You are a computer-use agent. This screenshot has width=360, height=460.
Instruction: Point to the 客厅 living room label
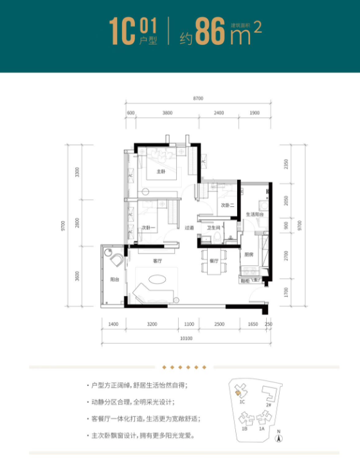(157, 261)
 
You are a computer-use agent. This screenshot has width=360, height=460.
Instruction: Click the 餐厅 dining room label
(214, 261)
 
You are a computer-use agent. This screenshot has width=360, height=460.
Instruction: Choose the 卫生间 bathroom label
(213, 228)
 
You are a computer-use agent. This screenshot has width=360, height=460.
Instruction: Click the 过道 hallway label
(190, 228)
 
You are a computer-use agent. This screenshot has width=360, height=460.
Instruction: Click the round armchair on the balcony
(118, 261)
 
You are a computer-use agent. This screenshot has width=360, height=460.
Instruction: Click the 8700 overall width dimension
(197, 97)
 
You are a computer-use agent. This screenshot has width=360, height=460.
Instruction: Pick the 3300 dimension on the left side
(78, 172)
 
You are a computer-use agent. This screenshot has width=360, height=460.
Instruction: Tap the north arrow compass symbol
(278, 438)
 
